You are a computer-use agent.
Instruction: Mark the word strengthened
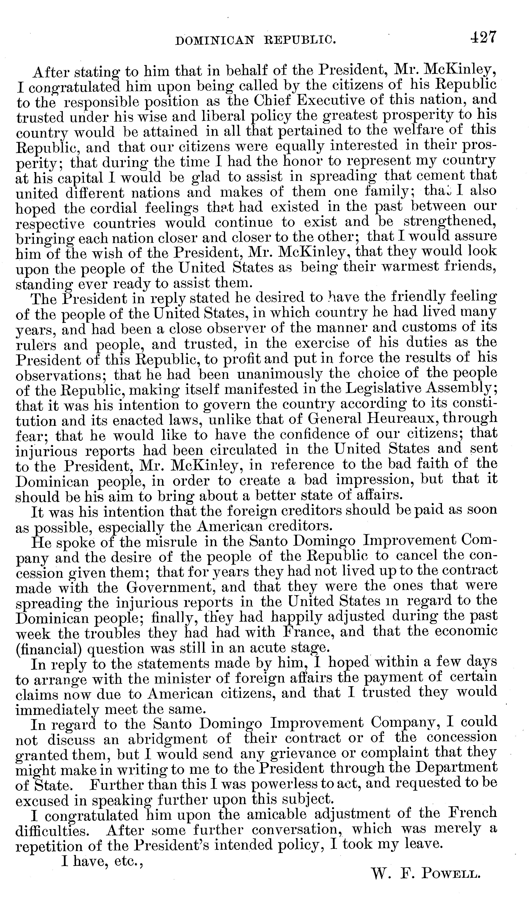[x=450, y=222]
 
